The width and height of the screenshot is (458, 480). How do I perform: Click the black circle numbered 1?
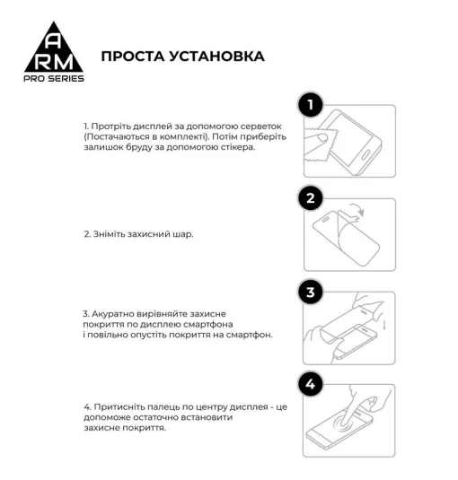311,106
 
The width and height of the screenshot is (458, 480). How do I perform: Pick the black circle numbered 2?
311,198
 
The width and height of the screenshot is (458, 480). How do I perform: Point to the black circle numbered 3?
311,292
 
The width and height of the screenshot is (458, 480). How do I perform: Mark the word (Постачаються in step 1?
117,137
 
